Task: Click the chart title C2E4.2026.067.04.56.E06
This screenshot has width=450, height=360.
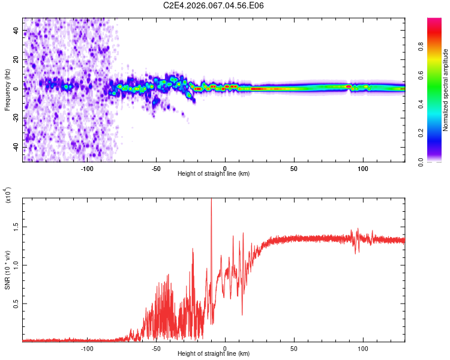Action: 214,6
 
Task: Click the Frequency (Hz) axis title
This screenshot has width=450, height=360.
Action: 8,90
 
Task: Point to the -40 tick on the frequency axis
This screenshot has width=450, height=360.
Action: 16,147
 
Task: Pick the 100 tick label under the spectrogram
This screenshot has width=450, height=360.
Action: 363,167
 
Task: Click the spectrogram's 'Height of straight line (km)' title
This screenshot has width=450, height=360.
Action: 214,174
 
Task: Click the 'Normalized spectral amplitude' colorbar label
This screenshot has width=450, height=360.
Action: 445,90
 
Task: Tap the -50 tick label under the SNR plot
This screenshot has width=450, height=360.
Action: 155,347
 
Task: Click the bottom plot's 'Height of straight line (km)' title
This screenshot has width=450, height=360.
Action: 214,354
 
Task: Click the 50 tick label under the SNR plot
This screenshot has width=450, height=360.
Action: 294,347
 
